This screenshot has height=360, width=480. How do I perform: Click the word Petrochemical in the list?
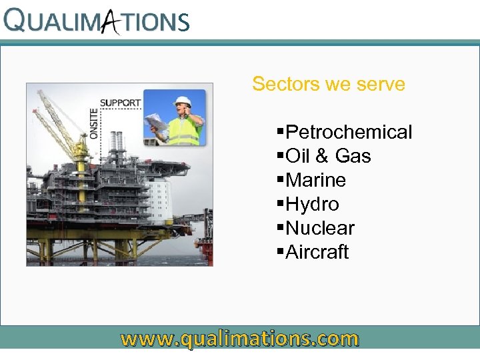click(349, 132)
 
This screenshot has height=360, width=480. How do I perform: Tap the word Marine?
click(315, 180)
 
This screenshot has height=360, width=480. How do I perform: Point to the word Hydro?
click(312, 204)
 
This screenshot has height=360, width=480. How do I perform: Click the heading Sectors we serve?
click(329, 84)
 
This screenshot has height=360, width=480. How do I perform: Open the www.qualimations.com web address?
click(239, 339)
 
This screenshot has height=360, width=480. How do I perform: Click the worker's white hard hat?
click(183, 102)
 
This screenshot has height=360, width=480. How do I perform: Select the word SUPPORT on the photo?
click(121, 103)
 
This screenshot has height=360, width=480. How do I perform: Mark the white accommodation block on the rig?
click(159, 200)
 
